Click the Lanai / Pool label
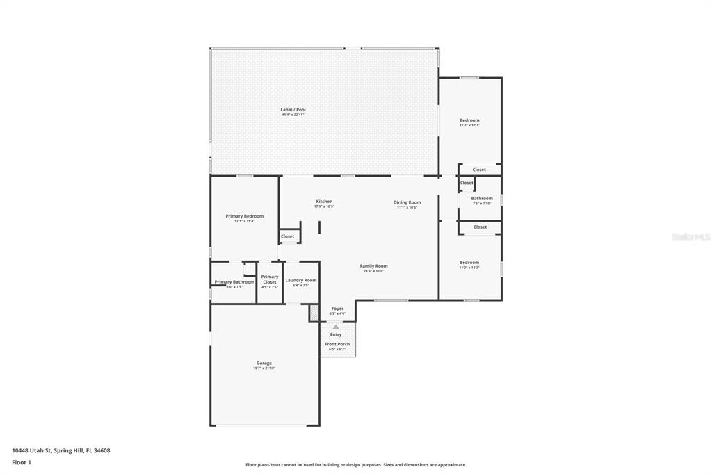tap(293, 110)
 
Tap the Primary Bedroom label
tap(244, 216)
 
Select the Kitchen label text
tap(324, 202)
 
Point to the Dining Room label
tap(407, 202)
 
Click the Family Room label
tap(373, 266)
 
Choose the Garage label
tap(264, 363)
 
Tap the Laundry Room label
tap(300, 280)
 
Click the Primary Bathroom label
tap(234, 282)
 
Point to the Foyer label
tap(337, 309)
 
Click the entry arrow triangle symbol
tap(336, 326)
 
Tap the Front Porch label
tap(337, 344)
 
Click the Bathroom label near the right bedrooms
tap(482, 198)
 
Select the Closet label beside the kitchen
tap(287, 236)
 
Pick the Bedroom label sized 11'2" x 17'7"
tap(469, 120)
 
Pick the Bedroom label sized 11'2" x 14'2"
tap(469, 263)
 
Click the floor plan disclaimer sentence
tap(355, 465)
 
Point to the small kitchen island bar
tap(319, 227)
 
